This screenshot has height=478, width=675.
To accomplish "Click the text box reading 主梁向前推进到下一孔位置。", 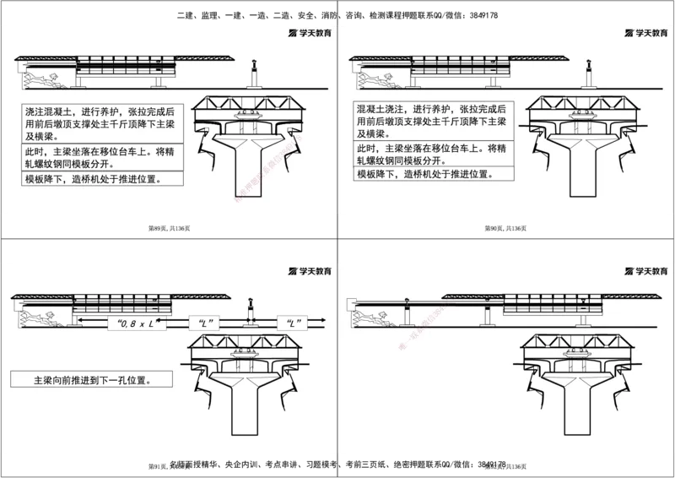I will pyautogui.click(x=91, y=380).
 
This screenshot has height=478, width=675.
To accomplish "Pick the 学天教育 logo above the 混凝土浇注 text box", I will pyautogui.click(x=646, y=34).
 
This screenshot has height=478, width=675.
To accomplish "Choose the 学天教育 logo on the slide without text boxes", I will pyautogui.click(x=646, y=271).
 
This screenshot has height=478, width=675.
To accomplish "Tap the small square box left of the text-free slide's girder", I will pyautogui.click(x=352, y=301).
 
